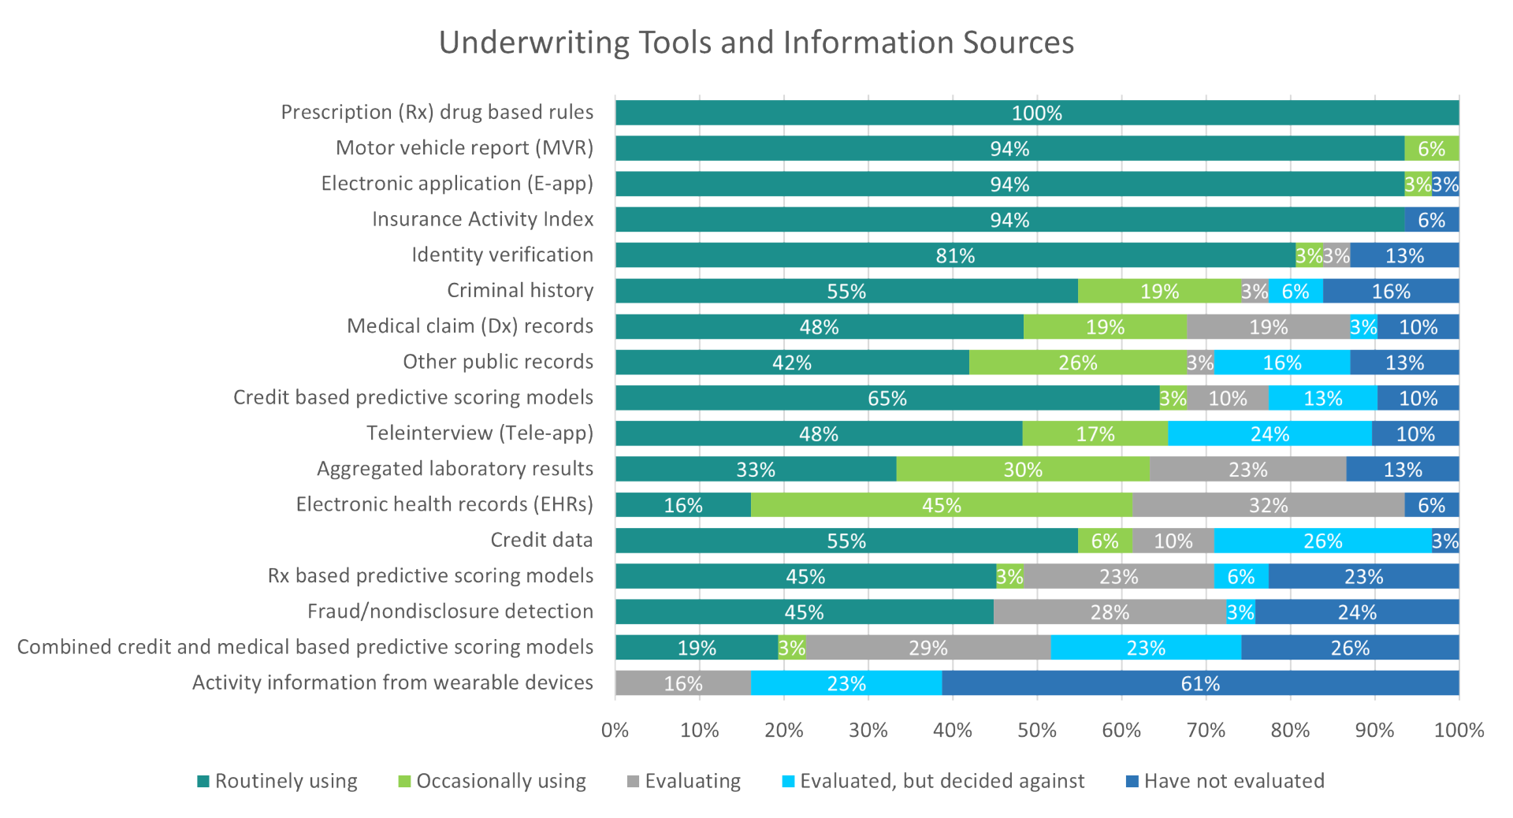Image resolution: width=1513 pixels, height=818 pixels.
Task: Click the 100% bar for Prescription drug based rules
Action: click(x=1036, y=113)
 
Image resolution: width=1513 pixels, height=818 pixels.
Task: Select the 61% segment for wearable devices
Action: click(x=1199, y=683)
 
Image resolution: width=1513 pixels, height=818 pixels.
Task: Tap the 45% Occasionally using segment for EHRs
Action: click(x=941, y=505)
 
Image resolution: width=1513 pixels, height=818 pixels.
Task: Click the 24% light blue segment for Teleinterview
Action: click(x=1270, y=434)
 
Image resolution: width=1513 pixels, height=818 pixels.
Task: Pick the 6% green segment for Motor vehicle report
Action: click(x=1431, y=149)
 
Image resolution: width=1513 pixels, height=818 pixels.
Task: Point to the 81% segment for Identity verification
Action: click(x=955, y=256)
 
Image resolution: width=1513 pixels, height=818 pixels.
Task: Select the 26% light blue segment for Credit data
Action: click(x=1322, y=541)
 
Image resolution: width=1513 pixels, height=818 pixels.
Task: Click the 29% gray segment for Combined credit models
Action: click(x=928, y=648)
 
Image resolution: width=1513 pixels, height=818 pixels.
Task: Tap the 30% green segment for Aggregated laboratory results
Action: click(x=1022, y=470)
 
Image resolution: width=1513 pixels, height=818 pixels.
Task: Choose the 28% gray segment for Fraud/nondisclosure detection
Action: click(x=1110, y=612)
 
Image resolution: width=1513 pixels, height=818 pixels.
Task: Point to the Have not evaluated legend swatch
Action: click(x=1132, y=782)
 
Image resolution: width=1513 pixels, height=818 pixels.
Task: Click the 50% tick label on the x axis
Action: click(x=1036, y=731)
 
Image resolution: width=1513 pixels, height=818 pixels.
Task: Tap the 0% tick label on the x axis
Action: click(x=615, y=731)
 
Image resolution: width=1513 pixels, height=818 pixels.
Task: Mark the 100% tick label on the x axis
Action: click(x=1458, y=731)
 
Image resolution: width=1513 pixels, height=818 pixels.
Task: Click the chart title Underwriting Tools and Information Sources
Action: click(x=756, y=43)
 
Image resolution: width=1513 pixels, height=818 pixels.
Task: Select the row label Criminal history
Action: click(x=520, y=291)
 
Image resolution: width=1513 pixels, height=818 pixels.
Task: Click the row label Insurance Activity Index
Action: click(x=482, y=219)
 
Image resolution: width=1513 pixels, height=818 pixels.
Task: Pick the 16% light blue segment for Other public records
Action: click(x=1281, y=363)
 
